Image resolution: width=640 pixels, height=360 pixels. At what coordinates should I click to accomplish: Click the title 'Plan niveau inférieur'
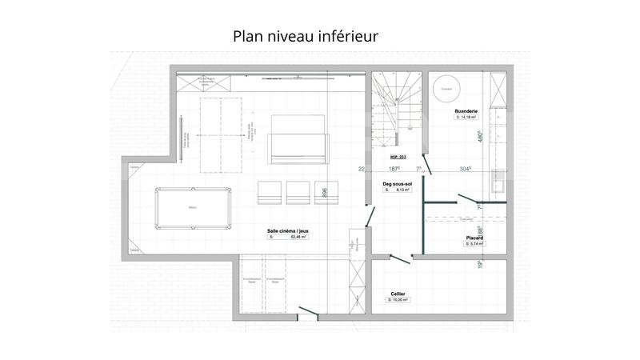click(306, 37)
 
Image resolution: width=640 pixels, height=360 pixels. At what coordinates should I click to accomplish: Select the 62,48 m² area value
click(298, 238)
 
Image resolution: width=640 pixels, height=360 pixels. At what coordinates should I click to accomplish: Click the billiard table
click(193, 209)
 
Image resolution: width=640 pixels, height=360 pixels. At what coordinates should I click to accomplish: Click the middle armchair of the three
click(298, 192)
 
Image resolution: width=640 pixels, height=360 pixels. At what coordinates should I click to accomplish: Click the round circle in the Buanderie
click(442, 87)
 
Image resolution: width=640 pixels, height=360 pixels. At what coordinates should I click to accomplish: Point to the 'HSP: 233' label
click(398, 157)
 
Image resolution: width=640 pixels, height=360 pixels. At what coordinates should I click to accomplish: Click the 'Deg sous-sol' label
click(397, 184)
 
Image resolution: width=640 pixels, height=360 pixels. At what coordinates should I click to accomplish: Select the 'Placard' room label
click(474, 238)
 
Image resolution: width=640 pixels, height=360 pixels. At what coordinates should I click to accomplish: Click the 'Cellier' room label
click(398, 294)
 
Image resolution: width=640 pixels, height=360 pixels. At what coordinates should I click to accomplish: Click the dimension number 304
click(465, 169)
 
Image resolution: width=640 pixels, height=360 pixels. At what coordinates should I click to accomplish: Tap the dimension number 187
click(394, 169)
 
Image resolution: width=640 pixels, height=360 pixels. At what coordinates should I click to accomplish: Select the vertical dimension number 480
click(480, 137)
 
